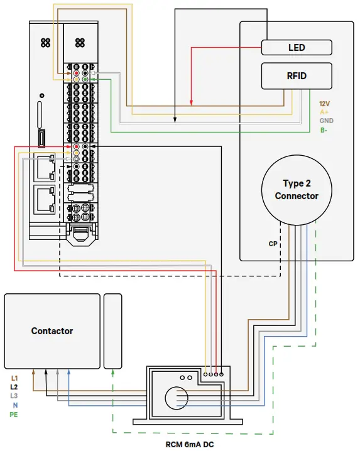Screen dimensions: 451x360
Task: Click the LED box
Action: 296,47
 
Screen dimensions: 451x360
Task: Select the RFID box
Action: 296,75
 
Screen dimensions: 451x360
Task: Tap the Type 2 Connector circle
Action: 296,190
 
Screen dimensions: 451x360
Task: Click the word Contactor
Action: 52,330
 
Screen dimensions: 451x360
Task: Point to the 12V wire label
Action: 324,103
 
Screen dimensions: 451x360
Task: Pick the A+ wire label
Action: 324,112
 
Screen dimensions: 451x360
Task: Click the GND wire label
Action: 326,121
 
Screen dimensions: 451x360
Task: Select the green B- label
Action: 324,130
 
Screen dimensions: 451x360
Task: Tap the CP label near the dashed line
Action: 273,243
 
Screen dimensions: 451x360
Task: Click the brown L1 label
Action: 15,379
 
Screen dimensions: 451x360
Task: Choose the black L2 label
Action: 15,388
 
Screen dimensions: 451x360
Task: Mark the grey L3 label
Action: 15,396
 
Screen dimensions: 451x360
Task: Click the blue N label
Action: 15,405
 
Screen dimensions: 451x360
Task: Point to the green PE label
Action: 14,415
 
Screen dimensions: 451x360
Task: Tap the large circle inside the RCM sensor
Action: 177,398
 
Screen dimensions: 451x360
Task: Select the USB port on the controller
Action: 41,138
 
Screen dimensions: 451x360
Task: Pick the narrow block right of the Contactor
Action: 113,331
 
